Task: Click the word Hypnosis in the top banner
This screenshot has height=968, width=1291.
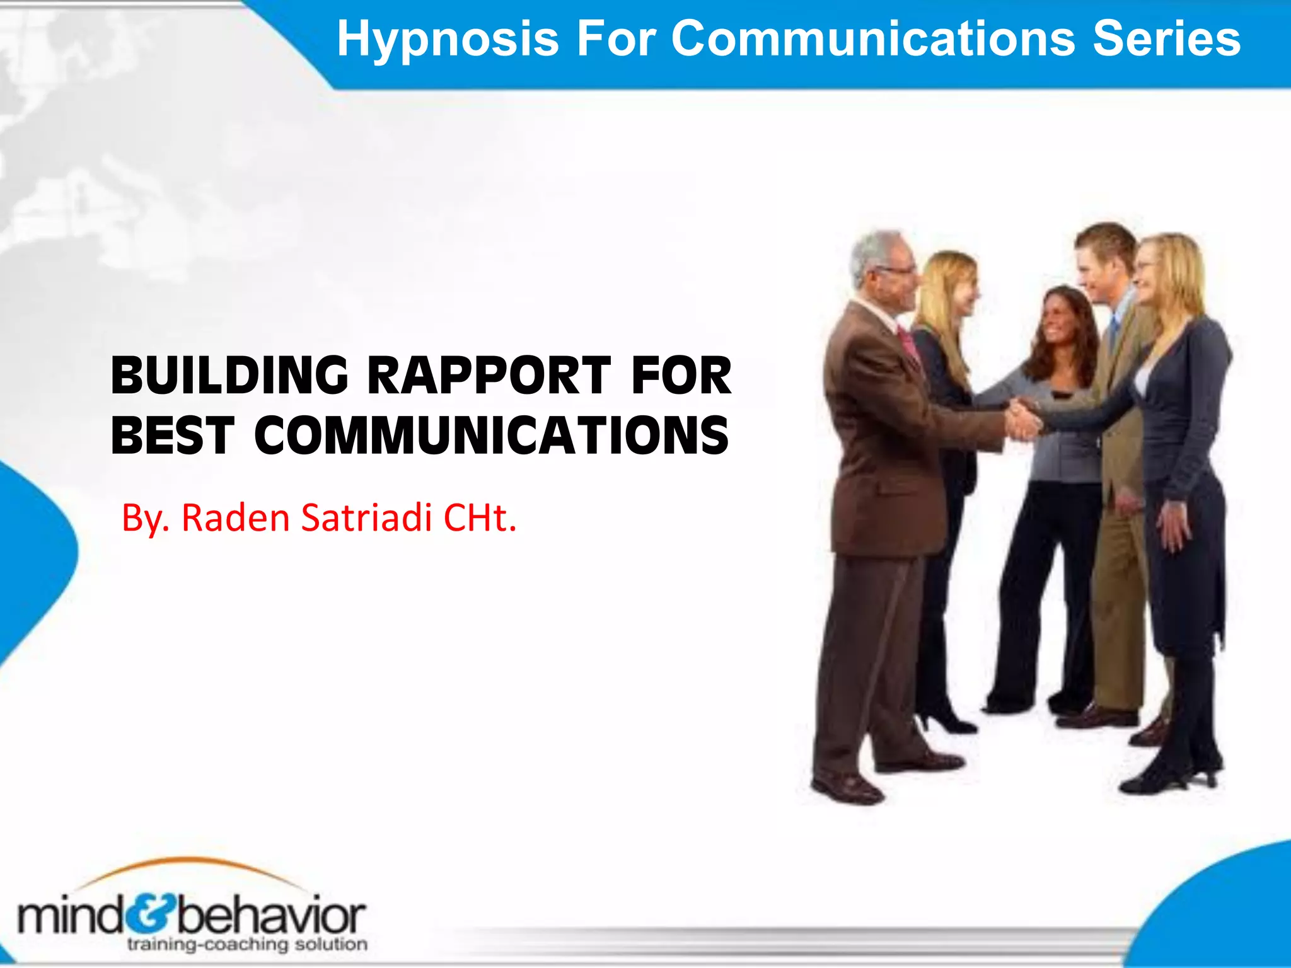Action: (x=448, y=39)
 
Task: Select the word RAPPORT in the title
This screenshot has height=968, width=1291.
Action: (x=489, y=376)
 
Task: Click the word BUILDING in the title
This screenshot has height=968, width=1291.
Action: (x=229, y=376)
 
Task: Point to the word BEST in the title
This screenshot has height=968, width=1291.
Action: (x=172, y=435)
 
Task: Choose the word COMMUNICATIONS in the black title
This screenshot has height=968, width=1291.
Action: (x=492, y=435)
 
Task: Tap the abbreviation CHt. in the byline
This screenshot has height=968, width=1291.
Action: (x=480, y=518)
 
